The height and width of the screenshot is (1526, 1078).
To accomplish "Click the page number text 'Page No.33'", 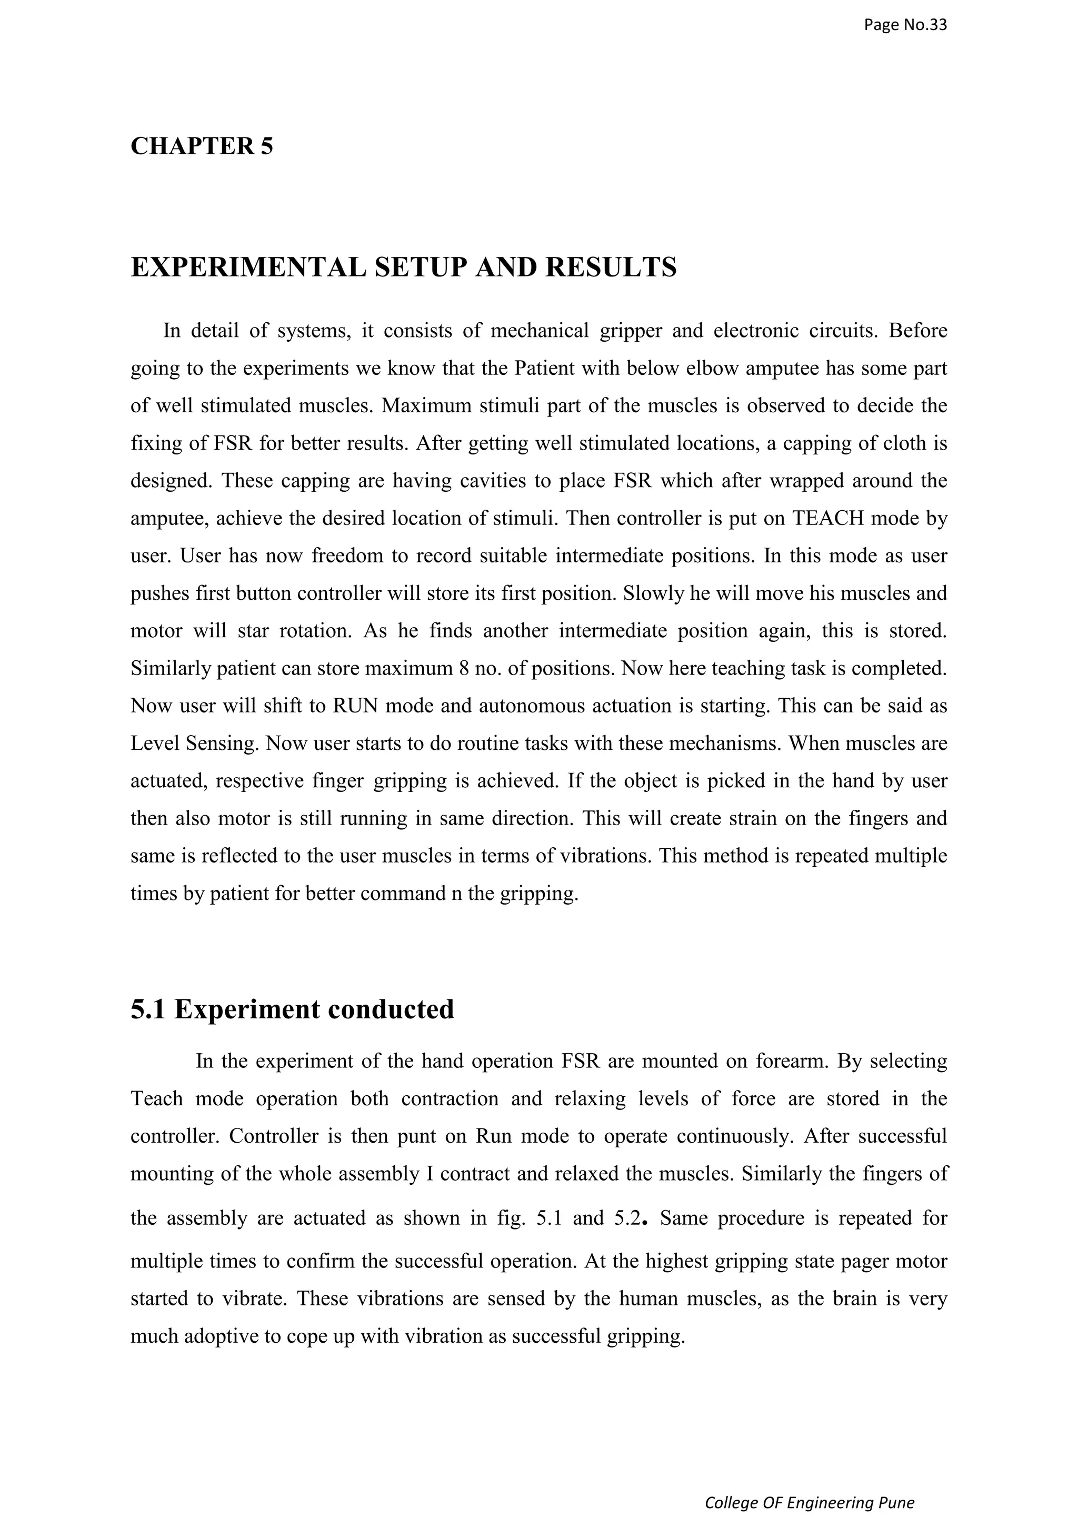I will [x=905, y=25].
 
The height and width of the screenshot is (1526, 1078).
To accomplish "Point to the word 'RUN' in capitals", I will [x=355, y=705].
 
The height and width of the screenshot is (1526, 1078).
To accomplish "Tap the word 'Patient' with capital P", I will [x=544, y=368].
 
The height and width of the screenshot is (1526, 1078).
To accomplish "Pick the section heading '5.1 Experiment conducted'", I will [x=292, y=1009].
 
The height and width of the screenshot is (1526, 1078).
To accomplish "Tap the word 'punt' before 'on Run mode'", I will [x=416, y=1136].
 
